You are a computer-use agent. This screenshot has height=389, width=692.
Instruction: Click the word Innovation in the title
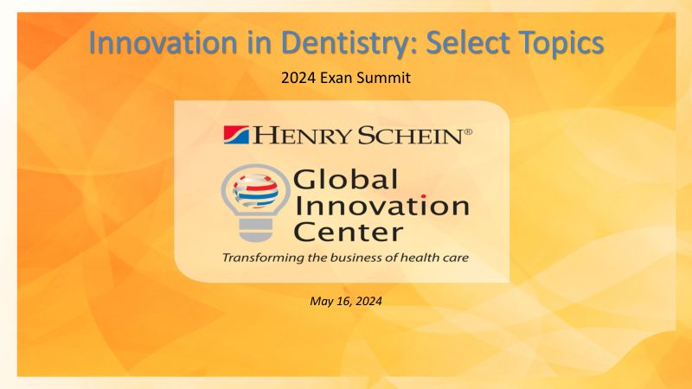point(163,42)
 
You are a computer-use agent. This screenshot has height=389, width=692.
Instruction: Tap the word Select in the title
point(468,42)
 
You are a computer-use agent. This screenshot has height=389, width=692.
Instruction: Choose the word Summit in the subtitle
point(384,78)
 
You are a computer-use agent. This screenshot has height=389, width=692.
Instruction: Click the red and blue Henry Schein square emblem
point(236,135)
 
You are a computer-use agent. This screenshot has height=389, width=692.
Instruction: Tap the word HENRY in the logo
point(302,135)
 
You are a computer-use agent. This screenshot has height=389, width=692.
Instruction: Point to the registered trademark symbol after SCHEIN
point(468,131)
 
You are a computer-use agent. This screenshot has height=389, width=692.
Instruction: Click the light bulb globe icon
point(255,203)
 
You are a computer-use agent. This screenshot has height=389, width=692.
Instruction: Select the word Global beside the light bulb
point(345,179)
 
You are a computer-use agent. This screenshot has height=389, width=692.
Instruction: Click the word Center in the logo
point(349,232)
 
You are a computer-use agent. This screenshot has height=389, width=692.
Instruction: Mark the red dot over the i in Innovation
point(424,196)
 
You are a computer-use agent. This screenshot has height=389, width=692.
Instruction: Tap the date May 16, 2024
point(346,301)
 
